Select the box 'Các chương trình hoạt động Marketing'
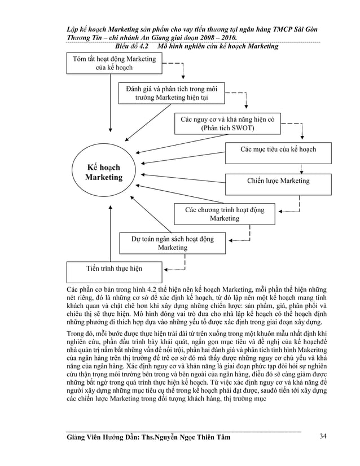[224, 214]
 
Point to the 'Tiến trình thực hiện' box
[114, 269]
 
